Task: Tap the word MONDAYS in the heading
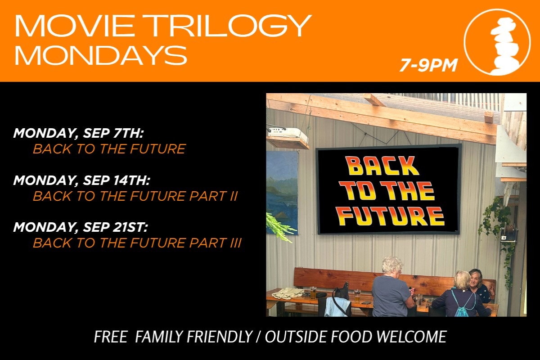click(101, 55)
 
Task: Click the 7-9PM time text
click(428, 65)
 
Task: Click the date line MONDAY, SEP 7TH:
click(79, 133)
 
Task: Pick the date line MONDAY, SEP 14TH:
click(82, 180)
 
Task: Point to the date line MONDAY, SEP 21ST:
click(81, 227)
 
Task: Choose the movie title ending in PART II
click(135, 196)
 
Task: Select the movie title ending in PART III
click(137, 243)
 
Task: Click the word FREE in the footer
click(111, 337)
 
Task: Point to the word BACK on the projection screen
click(382, 166)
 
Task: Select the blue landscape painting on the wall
click(282, 193)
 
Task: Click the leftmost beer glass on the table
click(313, 293)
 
